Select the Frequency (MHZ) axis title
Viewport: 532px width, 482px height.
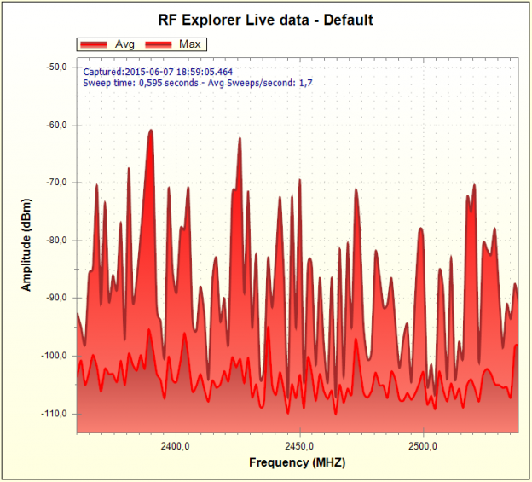(298, 463)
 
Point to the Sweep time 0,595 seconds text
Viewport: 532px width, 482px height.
(141, 84)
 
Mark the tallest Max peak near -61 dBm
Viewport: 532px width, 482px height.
(150, 131)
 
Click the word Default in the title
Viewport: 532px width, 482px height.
(350, 19)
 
